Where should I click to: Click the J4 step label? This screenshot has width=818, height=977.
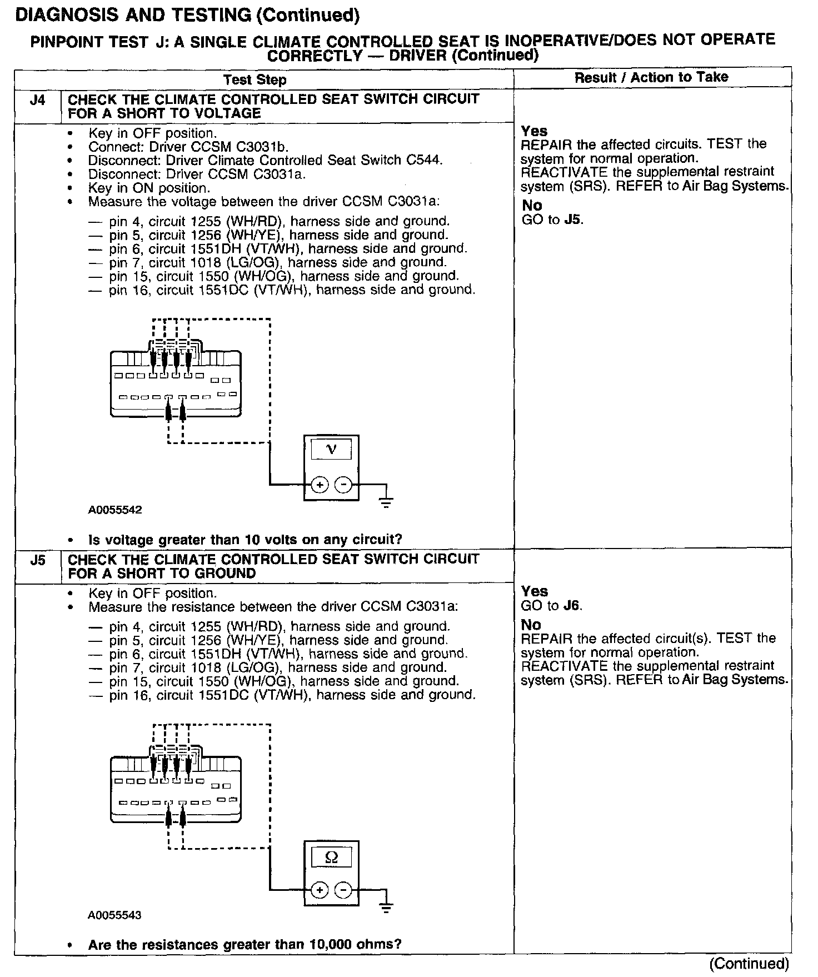pos(37,101)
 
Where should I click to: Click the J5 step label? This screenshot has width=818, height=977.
pos(37,560)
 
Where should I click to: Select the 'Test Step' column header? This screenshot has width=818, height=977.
pos(255,80)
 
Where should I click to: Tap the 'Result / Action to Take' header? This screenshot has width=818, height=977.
pos(651,78)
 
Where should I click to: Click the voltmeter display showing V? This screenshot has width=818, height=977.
pos(331,448)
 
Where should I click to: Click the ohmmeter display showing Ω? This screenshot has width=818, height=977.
pos(331,857)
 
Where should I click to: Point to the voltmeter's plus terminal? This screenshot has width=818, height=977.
pos(320,485)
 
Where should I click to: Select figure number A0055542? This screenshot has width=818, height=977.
pos(115,510)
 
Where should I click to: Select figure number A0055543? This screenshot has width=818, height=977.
pos(115,915)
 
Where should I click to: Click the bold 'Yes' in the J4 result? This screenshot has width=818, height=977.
pos(535,131)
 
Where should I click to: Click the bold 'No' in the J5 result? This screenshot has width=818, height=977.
pos(531,625)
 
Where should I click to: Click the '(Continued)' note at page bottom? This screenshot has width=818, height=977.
pos(749,963)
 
